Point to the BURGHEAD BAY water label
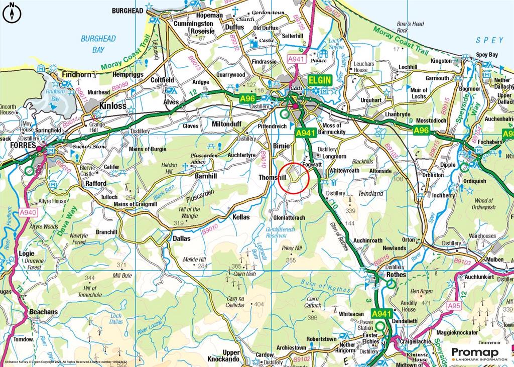click(98, 44)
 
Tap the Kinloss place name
click(113, 106)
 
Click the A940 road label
click(29, 212)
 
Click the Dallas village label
click(181, 238)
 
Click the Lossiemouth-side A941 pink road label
click(296, 59)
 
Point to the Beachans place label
click(44, 312)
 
